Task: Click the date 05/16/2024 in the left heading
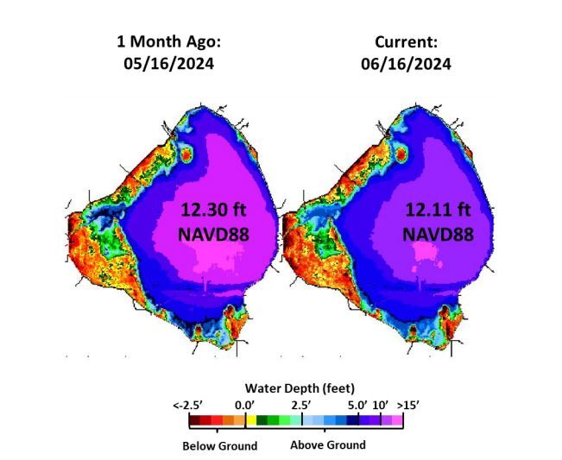click(x=165, y=64)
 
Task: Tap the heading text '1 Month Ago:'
click(x=165, y=42)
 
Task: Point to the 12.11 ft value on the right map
click(x=439, y=209)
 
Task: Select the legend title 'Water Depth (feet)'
click(x=299, y=388)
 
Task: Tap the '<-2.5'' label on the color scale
click(x=188, y=404)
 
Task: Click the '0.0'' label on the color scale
click(x=243, y=404)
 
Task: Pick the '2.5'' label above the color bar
click(x=300, y=404)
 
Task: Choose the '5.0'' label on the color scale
click(x=358, y=404)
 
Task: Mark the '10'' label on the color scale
click(x=380, y=404)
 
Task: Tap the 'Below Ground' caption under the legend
click(x=219, y=446)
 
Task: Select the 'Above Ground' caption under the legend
click(x=327, y=445)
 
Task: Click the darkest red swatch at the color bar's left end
click(x=196, y=421)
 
